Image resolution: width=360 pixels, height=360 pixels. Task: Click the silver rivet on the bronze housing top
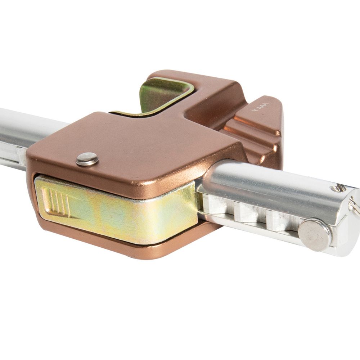pyautogui.click(x=87, y=159)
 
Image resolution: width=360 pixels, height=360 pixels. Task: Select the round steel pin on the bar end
pyautogui.click(x=315, y=235)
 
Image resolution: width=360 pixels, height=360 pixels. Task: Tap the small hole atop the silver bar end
pyautogui.click(x=338, y=188)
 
